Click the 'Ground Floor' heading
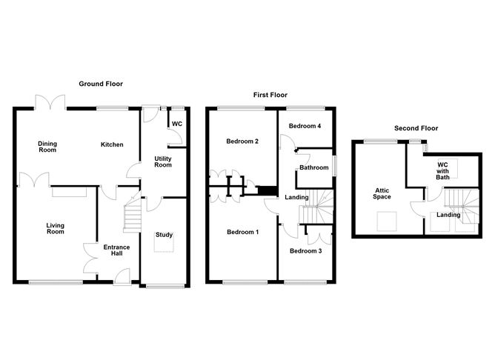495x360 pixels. pos(102,84)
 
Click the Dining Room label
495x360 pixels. pos(48,147)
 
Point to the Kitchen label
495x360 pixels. pos(112,144)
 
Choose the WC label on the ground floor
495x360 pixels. pos(177,124)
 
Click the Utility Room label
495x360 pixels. pos(163,161)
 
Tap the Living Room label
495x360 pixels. pos(56,228)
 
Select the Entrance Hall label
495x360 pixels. pos(116,250)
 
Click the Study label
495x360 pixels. pos(164,235)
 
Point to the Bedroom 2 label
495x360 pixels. pos(242,141)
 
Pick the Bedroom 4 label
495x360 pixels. pos(305,126)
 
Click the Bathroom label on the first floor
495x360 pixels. pos(314,167)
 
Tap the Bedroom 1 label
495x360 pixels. pos(242,232)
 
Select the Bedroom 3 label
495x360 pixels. pos(305,250)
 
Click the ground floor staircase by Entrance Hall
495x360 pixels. pos(131,216)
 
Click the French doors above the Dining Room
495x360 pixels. pos(50,104)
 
